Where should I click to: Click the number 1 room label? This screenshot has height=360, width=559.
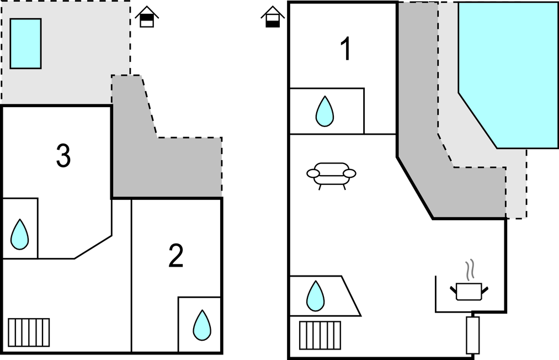[x=346, y=50]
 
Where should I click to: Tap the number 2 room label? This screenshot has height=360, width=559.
[x=175, y=256]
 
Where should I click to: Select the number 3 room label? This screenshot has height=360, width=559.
[x=63, y=156]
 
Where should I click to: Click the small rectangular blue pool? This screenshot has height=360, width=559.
[x=25, y=44]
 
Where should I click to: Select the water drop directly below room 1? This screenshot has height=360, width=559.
[x=324, y=112]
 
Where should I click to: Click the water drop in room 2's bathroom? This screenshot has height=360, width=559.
[x=202, y=325]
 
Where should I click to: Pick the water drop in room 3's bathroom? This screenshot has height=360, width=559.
[x=20, y=234]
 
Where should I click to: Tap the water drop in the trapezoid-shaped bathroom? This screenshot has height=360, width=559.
[x=316, y=295]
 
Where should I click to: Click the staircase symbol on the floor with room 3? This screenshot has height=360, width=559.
[x=29, y=332]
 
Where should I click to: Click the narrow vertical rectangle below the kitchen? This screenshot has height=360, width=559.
[x=473, y=335]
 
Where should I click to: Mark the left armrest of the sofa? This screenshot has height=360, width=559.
[x=313, y=174]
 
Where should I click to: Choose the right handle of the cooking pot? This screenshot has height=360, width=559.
[x=486, y=288]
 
